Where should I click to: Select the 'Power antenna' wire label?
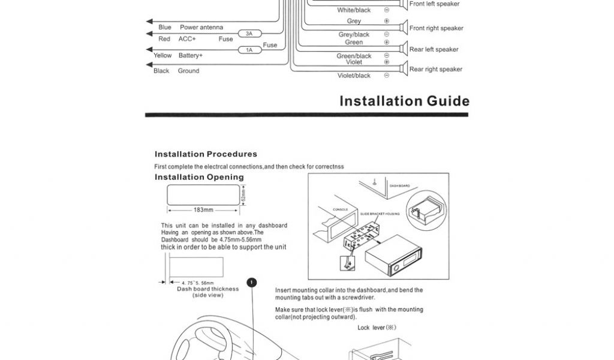tap(201, 28)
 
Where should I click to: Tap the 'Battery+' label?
tap(191, 56)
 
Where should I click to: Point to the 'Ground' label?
tap(188, 71)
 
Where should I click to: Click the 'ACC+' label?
tap(187, 39)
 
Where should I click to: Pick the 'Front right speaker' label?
tap(436, 28)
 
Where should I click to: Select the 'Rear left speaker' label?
tap(434, 50)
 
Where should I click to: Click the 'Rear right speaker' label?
tap(435, 70)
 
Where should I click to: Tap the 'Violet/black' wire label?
tap(354, 76)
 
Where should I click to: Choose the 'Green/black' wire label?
tap(354, 56)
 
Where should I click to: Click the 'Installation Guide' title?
tap(404, 101)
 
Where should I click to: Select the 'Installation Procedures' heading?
tap(206, 154)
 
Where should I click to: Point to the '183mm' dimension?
tap(203, 210)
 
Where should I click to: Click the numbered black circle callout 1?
tap(252, 282)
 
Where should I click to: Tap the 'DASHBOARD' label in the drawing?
tap(399, 186)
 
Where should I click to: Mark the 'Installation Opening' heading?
tap(199, 177)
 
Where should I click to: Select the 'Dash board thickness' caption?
tap(207, 289)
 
